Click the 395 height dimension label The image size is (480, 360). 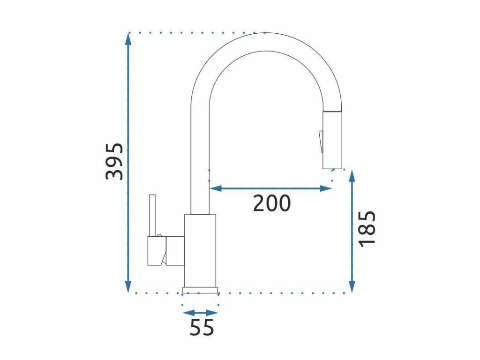pos(114,161)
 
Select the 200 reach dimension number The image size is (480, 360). pos(271,203)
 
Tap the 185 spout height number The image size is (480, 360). pos(367,229)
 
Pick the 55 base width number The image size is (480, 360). pos(202,328)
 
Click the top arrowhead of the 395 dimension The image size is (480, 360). pos(128,39)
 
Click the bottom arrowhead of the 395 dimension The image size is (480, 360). pos(128,286)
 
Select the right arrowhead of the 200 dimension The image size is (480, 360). pos(325,188)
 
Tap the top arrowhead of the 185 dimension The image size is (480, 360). pos(352,177)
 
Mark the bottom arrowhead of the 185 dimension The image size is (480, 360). pos(352,286)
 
